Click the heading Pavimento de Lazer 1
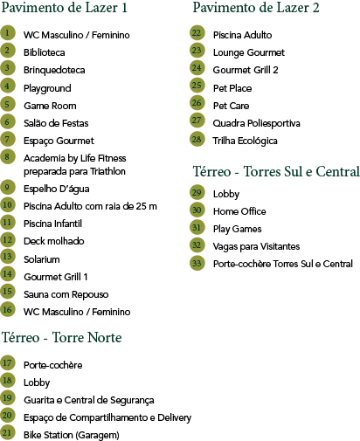[65, 8]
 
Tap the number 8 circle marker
[7, 156]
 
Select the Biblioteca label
[45, 52]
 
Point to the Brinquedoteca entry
[54, 70]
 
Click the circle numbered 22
[197, 33]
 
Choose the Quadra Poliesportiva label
[256, 123]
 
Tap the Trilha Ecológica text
[245, 141]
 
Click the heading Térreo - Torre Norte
[62, 338]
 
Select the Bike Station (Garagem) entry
[72, 435]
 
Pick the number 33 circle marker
[197, 263]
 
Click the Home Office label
[239, 211]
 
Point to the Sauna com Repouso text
[66, 294]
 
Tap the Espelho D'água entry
[57, 189]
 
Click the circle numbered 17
[7, 362]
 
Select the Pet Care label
[232, 106]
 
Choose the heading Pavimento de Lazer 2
[256, 8]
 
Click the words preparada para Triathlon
[74, 171]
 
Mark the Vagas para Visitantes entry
[256, 246]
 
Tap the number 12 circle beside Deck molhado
[7, 239]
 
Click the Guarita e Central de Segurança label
[89, 400]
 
